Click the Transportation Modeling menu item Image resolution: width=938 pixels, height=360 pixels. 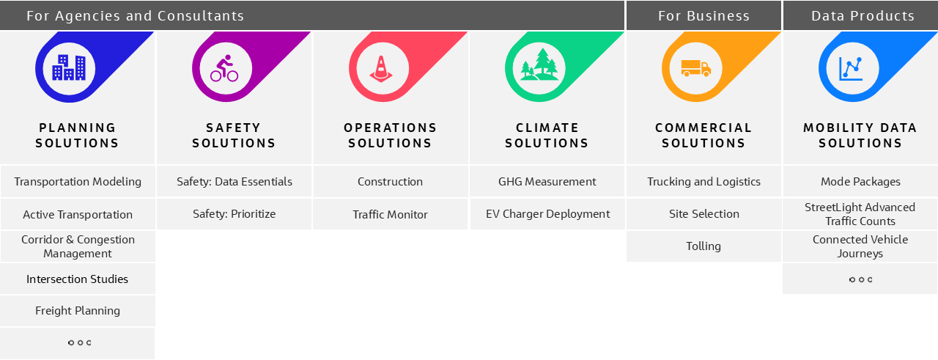point(78,182)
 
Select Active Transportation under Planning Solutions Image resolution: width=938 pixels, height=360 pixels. point(78,215)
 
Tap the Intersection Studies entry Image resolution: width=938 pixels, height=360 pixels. point(78,279)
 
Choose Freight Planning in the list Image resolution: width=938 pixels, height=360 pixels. point(78,311)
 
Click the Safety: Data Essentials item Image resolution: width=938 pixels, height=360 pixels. point(234,182)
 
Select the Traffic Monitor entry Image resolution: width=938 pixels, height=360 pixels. point(390,215)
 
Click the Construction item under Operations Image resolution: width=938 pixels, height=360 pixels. point(390,182)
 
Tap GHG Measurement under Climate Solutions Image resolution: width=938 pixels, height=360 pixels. point(547,182)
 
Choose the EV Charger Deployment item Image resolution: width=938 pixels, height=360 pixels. point(547,214)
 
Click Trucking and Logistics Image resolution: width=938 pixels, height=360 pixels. point(703,182)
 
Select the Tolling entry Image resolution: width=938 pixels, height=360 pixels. point(703,246)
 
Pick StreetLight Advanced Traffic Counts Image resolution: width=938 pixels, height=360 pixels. point(860,214)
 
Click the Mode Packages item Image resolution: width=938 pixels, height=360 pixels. point(860,182)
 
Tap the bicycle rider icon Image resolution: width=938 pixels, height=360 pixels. point(224,68)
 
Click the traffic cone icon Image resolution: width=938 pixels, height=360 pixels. point(380,68)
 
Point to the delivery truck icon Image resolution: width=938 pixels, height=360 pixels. point(695,68)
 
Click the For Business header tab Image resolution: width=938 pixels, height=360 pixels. point(703,15)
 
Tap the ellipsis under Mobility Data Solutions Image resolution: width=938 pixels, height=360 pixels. point(860,279)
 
